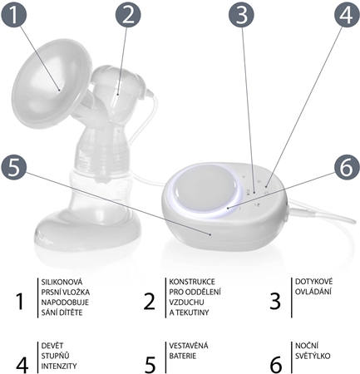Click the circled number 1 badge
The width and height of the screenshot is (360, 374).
point(14,14)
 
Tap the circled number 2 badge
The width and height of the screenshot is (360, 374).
point(128,15)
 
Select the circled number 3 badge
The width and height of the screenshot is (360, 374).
point(241,15)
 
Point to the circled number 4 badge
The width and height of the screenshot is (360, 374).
point(347,14)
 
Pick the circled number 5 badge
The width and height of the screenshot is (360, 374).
point(13,168)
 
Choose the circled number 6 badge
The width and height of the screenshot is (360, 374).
point(347,167)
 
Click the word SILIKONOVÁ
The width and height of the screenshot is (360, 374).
point(62,282)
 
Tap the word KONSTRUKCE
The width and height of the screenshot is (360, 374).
point(192,282)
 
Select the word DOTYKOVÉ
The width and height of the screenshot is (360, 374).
point(313,282)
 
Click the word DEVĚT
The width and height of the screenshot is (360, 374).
point(52,346)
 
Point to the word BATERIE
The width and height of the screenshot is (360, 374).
point(183,356)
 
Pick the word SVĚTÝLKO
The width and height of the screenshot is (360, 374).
point(313,356)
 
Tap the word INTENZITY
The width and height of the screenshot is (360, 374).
point(59,366)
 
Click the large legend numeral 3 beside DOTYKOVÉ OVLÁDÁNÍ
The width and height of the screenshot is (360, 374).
point(275,302)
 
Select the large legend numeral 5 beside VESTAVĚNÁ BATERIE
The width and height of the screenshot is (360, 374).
point(150,365)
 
